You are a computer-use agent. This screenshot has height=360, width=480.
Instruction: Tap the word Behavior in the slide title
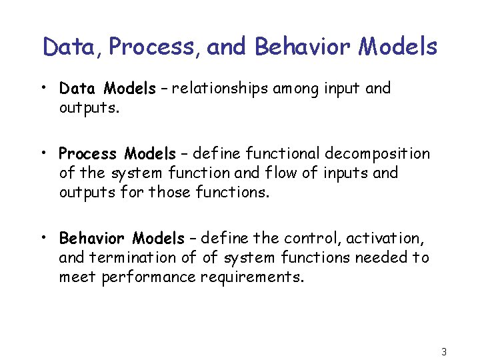point(303,47)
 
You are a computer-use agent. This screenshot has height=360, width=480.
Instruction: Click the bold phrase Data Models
point(107,89)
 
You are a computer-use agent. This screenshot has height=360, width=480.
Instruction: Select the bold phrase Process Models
point(117,154)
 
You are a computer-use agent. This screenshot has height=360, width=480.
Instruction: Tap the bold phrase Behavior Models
point(121,238)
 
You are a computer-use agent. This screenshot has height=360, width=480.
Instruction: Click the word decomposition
point(377,154)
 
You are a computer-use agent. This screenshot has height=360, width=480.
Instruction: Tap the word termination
point(122,257)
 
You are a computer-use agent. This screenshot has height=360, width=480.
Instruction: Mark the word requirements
point(253,277)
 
